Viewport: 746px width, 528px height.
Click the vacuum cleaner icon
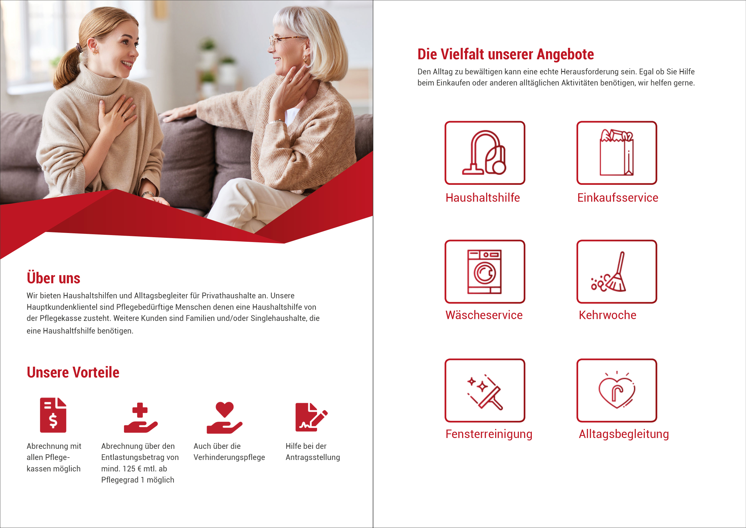click(484, 153)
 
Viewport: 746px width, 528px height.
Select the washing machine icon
click(484, 272)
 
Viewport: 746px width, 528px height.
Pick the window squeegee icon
click(485, 392)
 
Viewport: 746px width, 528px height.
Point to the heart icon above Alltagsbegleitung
click(617, 390)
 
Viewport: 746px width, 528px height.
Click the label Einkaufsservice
click(617, 198)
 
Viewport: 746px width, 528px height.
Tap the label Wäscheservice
click(484, 315)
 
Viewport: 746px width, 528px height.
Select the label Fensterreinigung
click(489, 434)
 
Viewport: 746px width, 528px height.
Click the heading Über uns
click(53, 278)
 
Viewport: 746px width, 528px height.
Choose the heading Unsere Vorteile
click(73, 372)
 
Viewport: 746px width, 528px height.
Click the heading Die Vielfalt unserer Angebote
click(506, 54)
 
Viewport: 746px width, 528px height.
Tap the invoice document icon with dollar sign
click(53, 415)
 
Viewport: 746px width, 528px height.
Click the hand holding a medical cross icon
click(141, 418)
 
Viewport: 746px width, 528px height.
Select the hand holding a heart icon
click(224, 418)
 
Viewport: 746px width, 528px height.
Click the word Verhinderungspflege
click(229, 458)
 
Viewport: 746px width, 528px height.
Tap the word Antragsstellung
click(313, 458)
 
